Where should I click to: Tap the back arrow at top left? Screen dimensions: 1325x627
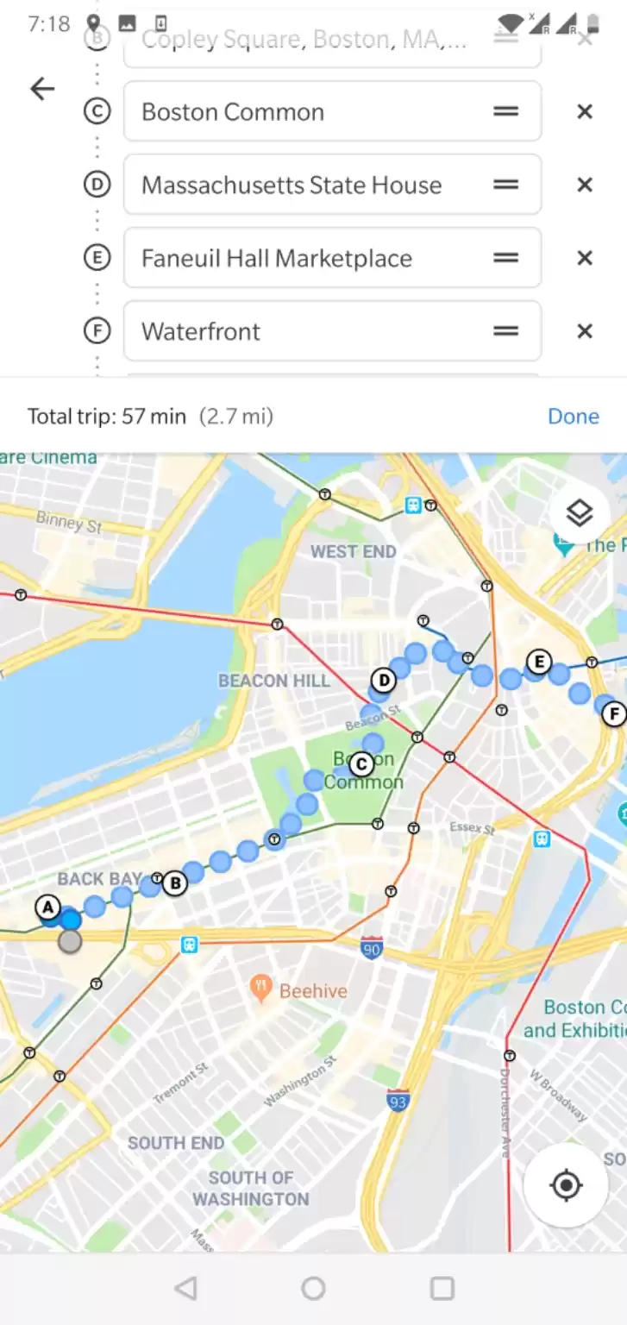click(x=42, y=88)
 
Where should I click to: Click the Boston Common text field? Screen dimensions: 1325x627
click(x=302, y=112)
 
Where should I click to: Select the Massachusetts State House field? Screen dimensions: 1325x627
click(x=302, y=185)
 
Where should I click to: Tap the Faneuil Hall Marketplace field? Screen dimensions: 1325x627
click(x=302, y=259)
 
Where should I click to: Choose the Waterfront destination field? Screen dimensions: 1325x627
click(x=302, y=332)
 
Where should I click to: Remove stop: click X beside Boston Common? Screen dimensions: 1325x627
click(x=585, y=112)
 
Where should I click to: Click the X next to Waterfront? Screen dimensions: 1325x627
click(x=585, y=332)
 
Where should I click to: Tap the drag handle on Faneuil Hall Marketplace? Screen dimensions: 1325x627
click(x=506, y=259)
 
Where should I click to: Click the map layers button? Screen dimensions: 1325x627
click(x=580, y=514)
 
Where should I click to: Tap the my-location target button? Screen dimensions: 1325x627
click(x=567, y=1186)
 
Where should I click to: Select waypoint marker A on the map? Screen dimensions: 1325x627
click(x=47, y=907)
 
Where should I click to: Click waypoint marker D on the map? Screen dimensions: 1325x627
click(x=383, y=681)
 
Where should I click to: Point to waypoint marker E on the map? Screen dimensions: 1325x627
click(x=538, y=662)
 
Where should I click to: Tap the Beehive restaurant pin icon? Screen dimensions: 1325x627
click(x=261, y=989)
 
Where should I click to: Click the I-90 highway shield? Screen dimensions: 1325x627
click(x=372, y=946)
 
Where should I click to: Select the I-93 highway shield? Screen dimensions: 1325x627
click(x=397, y=1101)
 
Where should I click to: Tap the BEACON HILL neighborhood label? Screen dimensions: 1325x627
click(x=274, y=681)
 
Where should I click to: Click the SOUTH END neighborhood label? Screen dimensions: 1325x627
click(x=176, y=1143)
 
